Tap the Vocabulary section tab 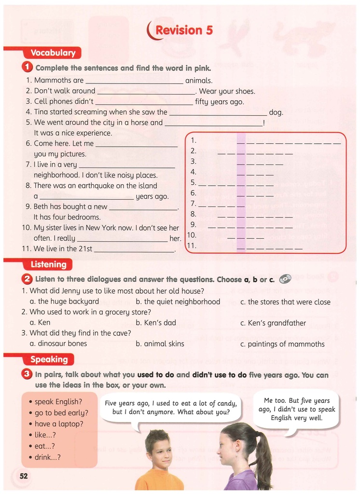tap(53, 53)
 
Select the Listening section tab tap(48, 264)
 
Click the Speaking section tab tap(49, 359)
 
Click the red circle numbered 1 tap(28, 68)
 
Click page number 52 tap(24, 476)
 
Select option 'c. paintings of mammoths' tap(282, 344)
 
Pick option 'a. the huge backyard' tap(64, 302)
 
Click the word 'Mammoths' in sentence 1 tap(52, 81)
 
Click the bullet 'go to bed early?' tap(61, 413)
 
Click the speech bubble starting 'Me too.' tap(296, 409)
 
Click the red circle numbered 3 tap(28, 374)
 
